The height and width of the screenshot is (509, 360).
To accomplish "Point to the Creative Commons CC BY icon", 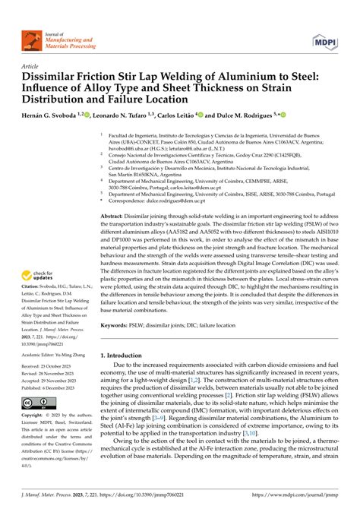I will pyautogui.click(x=36, y=402).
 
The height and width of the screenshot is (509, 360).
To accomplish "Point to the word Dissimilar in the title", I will pyautogui.click(x=53, y=78).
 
